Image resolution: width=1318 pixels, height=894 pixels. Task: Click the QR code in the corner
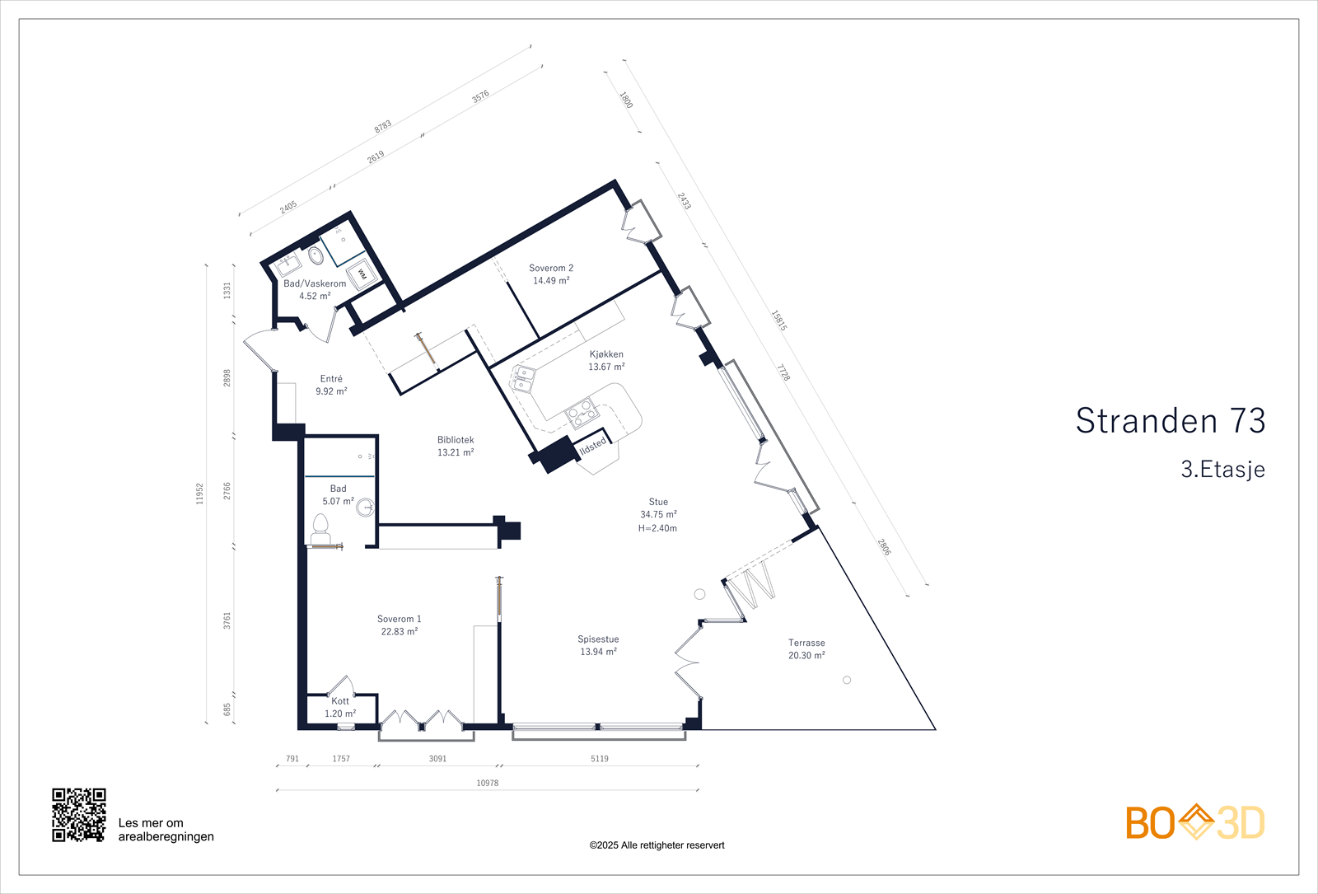(79, 815)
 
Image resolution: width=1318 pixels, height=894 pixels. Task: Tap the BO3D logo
(1195, 822)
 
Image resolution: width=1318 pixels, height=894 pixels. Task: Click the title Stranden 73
(1170, 421)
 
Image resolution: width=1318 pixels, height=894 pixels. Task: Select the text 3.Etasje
(1222, 470)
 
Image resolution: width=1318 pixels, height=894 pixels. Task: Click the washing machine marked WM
(362, 274)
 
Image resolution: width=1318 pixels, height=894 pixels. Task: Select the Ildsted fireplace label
(593, 446)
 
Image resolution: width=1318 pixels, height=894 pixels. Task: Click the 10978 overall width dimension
(487, 783)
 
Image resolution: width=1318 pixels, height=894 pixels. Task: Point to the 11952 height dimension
(199, 494)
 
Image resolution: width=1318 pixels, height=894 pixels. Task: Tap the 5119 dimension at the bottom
(600, 759)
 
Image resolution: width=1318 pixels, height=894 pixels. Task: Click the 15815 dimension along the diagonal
(778, 321)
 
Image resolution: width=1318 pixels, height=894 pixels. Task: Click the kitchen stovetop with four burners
(581, 413)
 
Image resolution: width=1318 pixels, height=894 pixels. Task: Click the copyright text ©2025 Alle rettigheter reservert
(657, 845)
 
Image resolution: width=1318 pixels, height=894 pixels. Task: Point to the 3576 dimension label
(480, 96)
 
